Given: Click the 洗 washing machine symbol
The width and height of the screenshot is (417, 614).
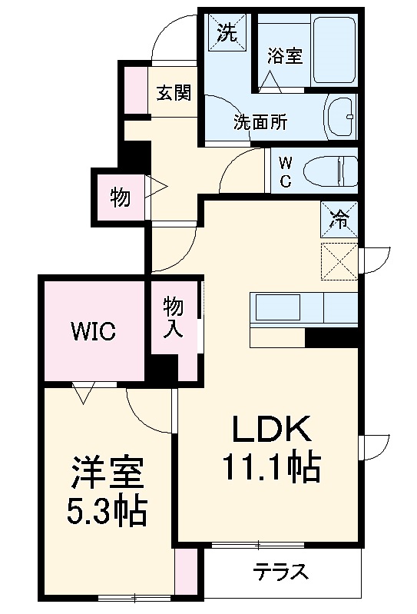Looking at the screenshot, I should [227, 32].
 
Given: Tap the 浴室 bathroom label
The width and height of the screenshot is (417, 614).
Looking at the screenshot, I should [284, 55].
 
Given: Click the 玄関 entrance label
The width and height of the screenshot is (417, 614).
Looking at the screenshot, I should [174, 94].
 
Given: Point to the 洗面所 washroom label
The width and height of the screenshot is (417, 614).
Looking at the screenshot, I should [260, 121].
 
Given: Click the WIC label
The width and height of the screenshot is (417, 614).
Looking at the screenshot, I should [94, 331].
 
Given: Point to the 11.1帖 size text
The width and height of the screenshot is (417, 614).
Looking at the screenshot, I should [271, 466].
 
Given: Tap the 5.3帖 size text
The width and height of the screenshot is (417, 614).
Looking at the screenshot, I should [108, 512].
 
